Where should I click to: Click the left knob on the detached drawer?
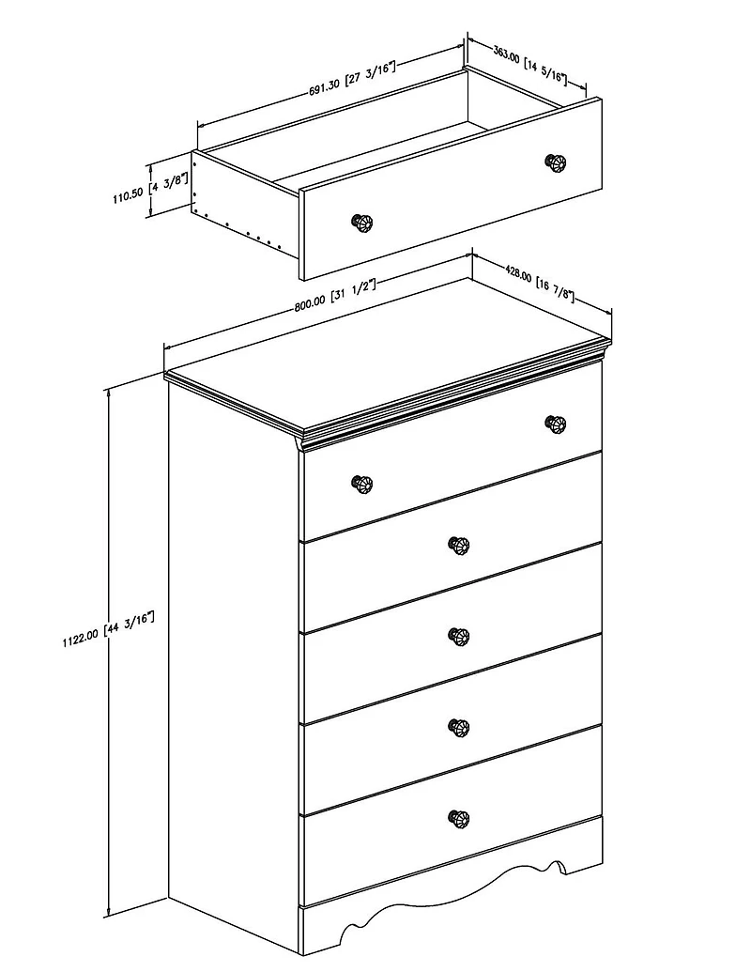click(x=361, y=223)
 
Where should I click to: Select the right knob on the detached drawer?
click(x=555, y=162)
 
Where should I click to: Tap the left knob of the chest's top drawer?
click(x=361, y=484)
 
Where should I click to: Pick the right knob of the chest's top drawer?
click(x=555, y=424)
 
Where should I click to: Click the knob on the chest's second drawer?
click(x=458, y=545)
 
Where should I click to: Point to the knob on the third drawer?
click(x=458, y=636)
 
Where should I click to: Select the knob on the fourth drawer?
click(x=458, y=727)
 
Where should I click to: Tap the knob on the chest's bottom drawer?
click(x=458, y=818)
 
